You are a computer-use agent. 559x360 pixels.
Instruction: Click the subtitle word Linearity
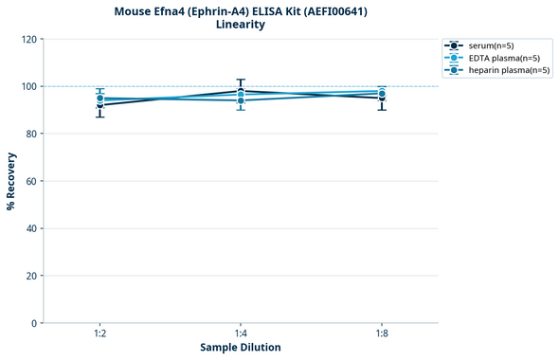click(x=241, y=25)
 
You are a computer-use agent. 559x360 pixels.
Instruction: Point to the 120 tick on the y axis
click(x=28, y=39)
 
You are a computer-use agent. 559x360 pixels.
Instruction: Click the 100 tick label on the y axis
click(x=28, y=86)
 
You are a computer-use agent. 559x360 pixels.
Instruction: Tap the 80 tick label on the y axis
click(x=31, y=134)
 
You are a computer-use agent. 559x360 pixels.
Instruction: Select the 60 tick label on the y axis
click(x=31, y=181)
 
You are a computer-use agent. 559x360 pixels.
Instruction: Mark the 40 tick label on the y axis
click(x=31, y=228)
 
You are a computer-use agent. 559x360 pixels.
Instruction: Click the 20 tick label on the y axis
click(x=31, y=276)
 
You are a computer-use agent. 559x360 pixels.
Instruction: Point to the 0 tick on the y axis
click(x=34, y=323)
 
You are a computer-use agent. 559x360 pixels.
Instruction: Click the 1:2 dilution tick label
click(x=99, y=333)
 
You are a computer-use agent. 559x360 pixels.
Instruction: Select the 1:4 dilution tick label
click(x=241, y=333)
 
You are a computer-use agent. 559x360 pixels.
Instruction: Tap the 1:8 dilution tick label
click(x=381, y=333)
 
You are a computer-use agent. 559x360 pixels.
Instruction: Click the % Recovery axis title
click(x=11, y=181)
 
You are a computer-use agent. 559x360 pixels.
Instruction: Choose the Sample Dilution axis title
click(x=241, y=348)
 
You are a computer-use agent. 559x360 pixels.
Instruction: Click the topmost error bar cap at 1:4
click(x=241, y=80)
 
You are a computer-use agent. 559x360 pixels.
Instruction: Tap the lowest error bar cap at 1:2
click(x=99, y=117)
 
